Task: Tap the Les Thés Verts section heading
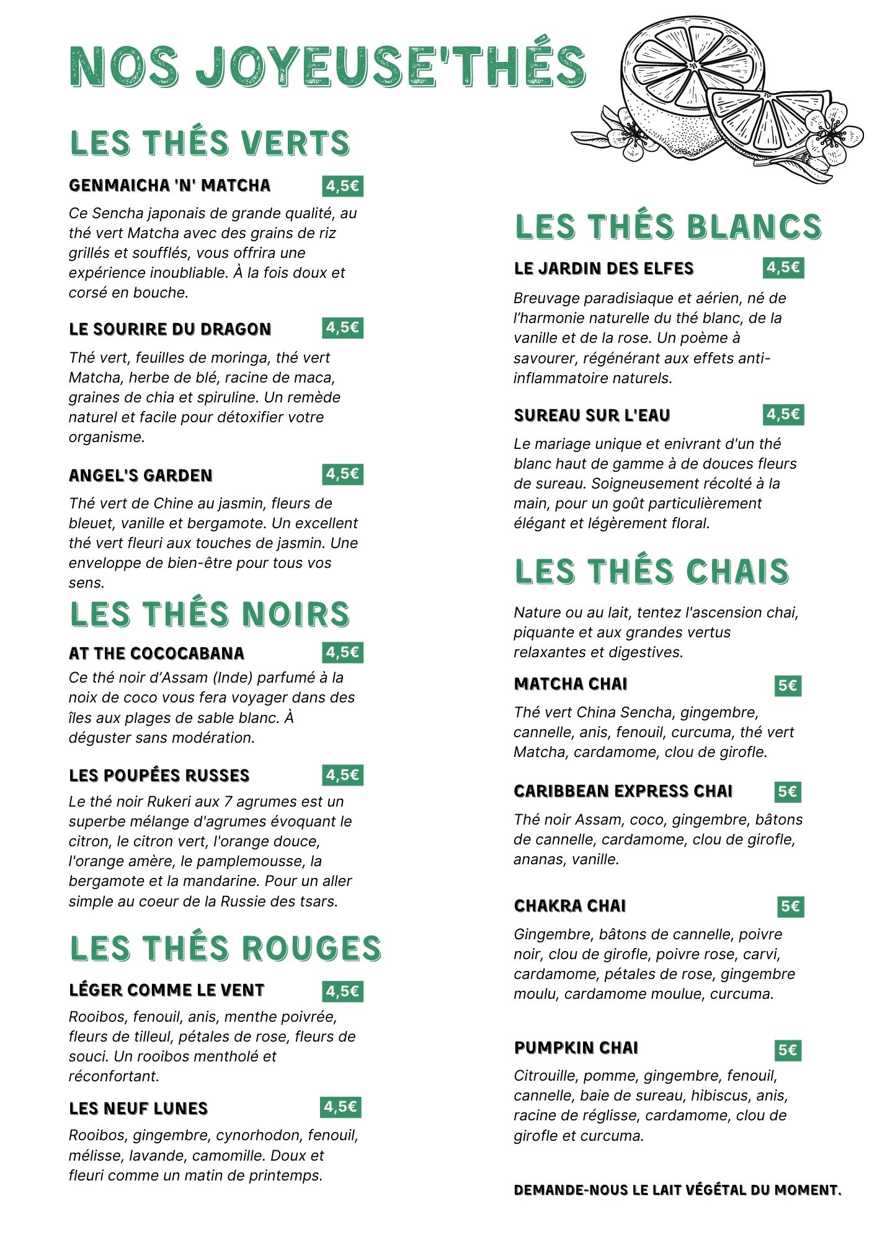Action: pos(210,143)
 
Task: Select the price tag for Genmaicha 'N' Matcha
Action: pos(342,186)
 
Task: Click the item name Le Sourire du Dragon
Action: pos(170,329)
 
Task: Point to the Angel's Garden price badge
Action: pos(342,474)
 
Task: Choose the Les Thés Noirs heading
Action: pos(210,614)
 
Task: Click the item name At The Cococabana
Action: pos(156,653)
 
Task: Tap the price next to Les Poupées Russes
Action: pos(342,775)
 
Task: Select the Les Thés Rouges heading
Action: pos(225,949)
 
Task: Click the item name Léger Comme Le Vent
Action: pos(167,990)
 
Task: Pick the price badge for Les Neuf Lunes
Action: pos(341,1107)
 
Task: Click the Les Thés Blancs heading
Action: pos(668,227)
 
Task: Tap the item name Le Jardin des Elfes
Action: pos(603,268)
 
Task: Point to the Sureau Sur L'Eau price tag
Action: pos(783,415)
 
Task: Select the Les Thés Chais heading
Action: pos(651,572)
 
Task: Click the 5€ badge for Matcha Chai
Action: pos(788,686)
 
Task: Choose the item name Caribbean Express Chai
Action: pos(623,791)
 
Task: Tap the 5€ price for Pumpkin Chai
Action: pos(788,1050)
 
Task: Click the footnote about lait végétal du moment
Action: pos(677,1190)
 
